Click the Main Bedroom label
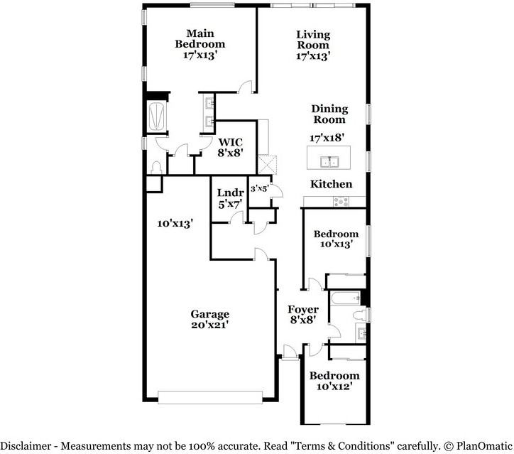(200, 38)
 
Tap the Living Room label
(313, 39)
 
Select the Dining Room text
(329, 114)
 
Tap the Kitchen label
(331, 184)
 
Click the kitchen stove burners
(341, 202)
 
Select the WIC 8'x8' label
(231, 147)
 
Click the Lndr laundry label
(230, 193)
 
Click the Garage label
(209, 314)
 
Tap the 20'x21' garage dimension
(209, 325)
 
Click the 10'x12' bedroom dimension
(334, 387)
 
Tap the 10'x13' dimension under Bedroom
(337, 244)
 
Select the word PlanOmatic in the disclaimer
(482, 445)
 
